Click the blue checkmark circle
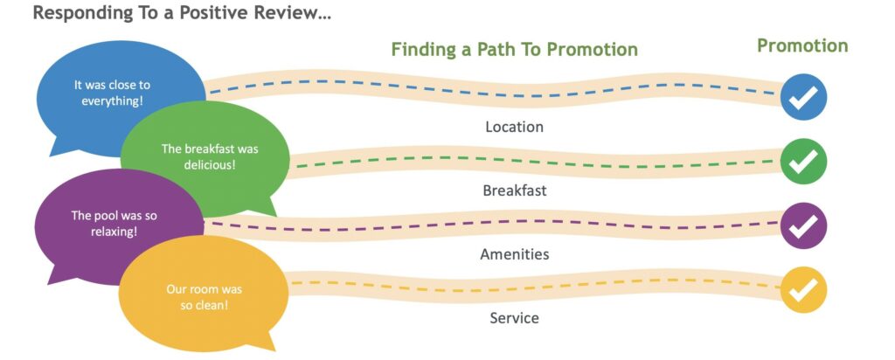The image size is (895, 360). click(803, 97)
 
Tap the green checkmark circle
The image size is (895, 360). click(803, 162)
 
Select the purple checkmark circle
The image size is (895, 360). click(803, 226)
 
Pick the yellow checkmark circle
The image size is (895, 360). click(803, 290)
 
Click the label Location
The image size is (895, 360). click(514, 127)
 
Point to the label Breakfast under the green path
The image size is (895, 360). click(514, 190)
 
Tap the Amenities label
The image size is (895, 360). click(514, 254)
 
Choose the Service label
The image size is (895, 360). click(514, 318)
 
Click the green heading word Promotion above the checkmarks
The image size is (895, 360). click(802, 46)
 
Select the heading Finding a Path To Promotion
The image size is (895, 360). click(514, 50)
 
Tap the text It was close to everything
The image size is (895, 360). click(112, 93)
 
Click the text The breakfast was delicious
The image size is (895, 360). click(210, 157)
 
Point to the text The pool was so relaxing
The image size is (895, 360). click(114, 224)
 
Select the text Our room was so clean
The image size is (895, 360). click(204, 297)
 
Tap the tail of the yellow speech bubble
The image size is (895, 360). click(264, 341)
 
